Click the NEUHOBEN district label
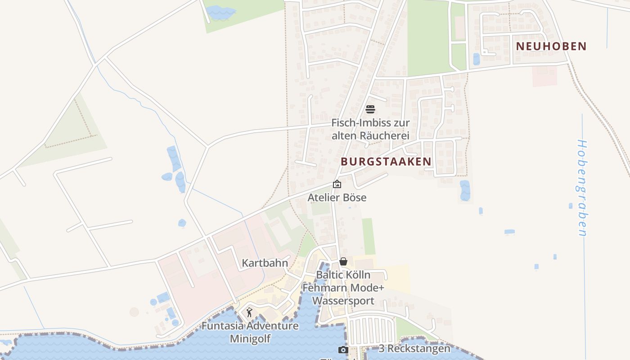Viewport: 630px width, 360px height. click(551, 46)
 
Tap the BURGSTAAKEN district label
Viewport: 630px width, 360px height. click(386, 162)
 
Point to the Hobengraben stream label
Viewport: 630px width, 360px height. click(582, 188)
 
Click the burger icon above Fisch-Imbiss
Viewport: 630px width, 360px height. click(370, 109)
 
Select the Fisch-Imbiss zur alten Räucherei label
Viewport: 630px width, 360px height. click(370, 129)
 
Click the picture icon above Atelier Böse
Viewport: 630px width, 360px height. click(337, 184)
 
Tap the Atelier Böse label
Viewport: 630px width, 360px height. click(337, 198)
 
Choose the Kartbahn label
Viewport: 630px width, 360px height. click(265, 263)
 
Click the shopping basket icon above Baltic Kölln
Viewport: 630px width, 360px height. click(343, 261)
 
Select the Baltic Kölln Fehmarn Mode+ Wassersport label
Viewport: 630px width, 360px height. click(343, 288)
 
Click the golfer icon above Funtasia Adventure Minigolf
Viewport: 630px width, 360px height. click(249, 312)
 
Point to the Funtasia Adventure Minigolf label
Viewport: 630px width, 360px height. click(250, 332)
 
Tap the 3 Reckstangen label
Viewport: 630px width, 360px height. click(414, 349)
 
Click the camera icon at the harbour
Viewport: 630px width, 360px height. click(343, 350)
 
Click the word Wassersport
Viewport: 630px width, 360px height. click(343, 301)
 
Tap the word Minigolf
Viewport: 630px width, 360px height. click(250, 338)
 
